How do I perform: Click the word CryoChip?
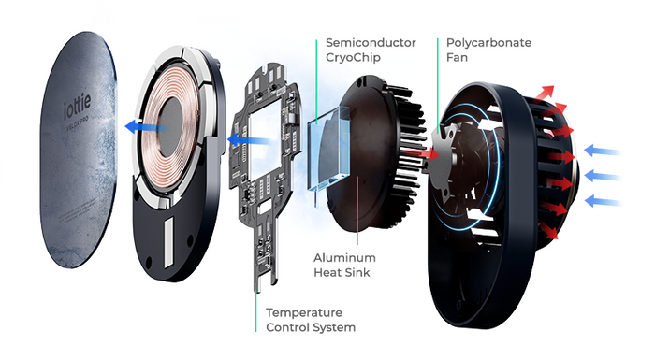click(x=351, y=60)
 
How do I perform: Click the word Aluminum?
click(x=344, y=256)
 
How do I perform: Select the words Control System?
click(x=310, y=328)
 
